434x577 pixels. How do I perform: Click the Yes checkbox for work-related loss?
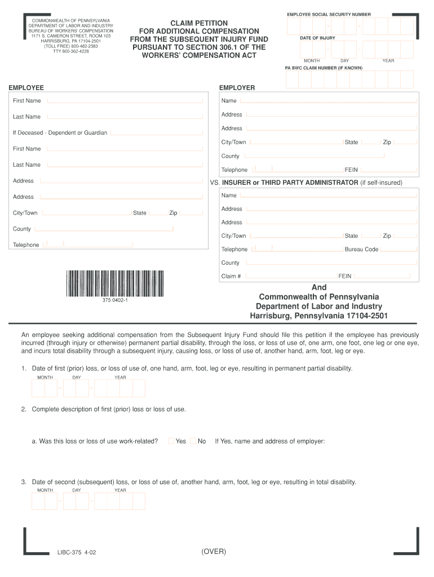[x=171, y=441]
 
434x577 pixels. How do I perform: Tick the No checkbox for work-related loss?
[x=193, y=441]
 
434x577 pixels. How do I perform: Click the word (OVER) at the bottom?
[x=214, y=552]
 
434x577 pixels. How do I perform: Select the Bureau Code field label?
[x=361, y=250]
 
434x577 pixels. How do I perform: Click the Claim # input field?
[x=291, y=276]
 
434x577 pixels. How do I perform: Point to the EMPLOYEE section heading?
[x=26, y=88]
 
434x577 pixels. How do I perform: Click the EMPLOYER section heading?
[x=237, y=88]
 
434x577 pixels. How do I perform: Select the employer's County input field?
[x=330, y=156]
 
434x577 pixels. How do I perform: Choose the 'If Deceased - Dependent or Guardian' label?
[x=60, y=133]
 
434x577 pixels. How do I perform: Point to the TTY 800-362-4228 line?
[x=71, y=51]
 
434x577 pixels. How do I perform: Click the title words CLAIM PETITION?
[x=194, y=23]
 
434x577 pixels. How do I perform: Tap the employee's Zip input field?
[x=191, y=213]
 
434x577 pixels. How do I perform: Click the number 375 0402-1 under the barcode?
[x=115, y=300]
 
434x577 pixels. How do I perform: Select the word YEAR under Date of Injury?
[x=388, y=60]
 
